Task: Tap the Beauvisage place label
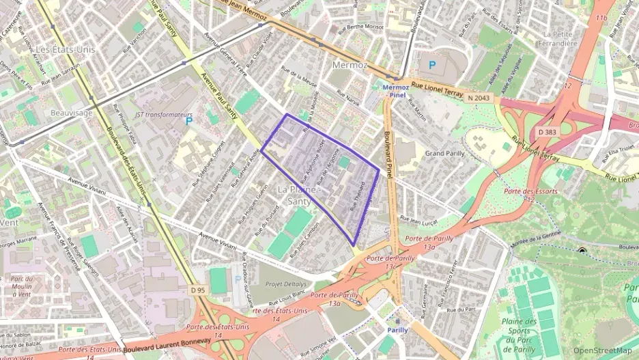tap(72, 113)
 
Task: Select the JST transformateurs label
tap(164, 115)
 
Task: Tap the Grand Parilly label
tap(445, 153)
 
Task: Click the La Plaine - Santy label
tap(298, 194)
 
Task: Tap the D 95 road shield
tap(198, 290)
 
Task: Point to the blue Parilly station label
tap(397, 329)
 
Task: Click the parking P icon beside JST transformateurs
tap(189, 121)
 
